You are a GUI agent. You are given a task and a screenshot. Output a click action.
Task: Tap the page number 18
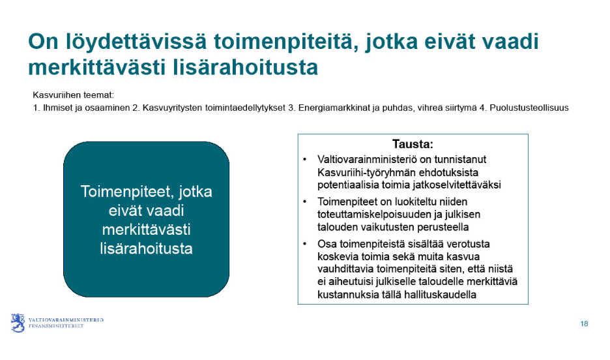coord(584,324)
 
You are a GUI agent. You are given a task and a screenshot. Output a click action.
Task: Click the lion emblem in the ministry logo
coord(18,323)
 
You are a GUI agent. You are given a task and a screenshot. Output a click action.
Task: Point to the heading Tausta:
coord(413,144)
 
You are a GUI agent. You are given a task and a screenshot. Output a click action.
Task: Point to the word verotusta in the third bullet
coord(468,244)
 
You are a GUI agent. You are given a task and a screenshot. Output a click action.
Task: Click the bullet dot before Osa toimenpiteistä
coord(304,244)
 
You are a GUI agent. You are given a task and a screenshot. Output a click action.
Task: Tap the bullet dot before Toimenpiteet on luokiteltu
coord(304,202)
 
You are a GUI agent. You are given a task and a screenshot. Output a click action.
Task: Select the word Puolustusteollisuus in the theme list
coord(529,108)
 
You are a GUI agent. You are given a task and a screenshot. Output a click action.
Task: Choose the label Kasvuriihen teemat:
coord(73,95)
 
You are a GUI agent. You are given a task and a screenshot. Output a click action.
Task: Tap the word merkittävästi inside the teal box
coord(146,230)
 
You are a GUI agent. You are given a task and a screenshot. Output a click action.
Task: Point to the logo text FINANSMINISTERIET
coord(56,325)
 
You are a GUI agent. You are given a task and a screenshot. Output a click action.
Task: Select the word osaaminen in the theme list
coord(111,108)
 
